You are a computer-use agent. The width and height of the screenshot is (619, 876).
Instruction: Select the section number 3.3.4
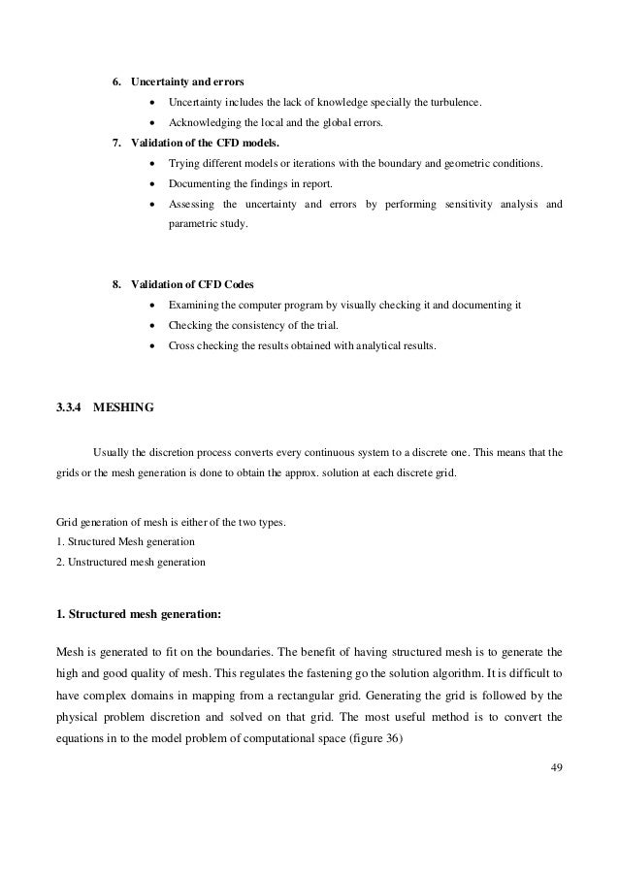click(x=69, y=407)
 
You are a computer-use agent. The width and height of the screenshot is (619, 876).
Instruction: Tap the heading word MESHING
click(x=124, y=407)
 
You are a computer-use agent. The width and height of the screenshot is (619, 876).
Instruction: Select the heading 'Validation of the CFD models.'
click(x=201, y=144)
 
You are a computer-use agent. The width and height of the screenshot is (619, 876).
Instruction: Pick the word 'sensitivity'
click(x=470, y=205)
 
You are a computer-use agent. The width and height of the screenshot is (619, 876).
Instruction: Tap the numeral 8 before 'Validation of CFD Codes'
click(x=116, y=284)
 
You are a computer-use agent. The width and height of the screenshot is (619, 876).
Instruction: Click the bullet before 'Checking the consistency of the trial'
click(x=154, y=325)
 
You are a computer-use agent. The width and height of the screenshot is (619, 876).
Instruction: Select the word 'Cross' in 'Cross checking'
click(x=181, y=344)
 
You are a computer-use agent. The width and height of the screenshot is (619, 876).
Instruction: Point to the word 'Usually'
click(x=111, y=451)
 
